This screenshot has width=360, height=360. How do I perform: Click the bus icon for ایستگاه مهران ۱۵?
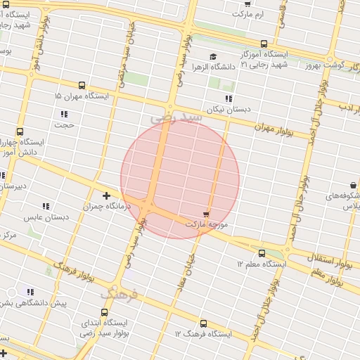tap(82, 85)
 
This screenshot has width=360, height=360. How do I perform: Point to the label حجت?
tap(65, 124)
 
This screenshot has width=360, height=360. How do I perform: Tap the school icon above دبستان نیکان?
tap(228, 98)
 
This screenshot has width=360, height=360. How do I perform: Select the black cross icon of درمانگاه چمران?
tap(106, 195)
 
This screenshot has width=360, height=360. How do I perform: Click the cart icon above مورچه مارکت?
tap(206, 213)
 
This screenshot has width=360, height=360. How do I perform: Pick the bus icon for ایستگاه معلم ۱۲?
tap(262, 253)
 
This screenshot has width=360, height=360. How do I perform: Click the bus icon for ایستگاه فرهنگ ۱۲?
tap(203, 323)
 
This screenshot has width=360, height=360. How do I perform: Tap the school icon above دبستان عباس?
tap(46, 206)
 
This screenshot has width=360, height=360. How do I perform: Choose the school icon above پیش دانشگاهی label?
tap(30, 291)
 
